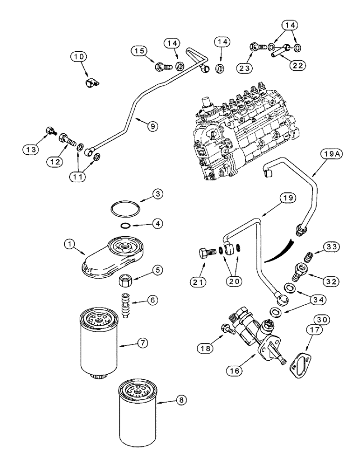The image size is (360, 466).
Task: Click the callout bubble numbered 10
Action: point(79,57)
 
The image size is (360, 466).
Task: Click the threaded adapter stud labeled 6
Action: point(125,305)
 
